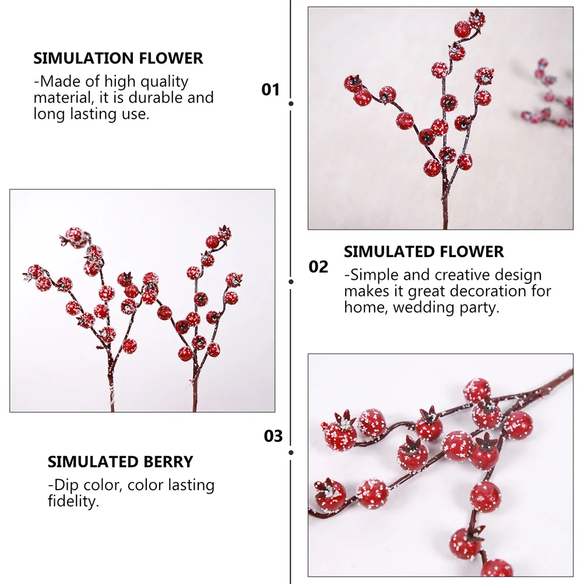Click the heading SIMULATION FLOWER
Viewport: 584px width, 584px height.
point(118,58)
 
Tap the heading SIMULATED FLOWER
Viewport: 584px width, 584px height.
point(424,252)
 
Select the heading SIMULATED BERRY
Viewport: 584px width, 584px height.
point(120,462)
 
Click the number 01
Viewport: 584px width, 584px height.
point(270,90)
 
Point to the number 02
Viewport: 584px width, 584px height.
point(318,267)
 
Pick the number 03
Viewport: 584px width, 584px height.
point(273,437)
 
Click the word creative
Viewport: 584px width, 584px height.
point(462,275)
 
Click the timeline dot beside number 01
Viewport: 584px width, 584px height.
point(291,104)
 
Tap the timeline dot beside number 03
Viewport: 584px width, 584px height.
point(291,452)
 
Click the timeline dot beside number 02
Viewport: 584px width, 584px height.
point(291,281)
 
